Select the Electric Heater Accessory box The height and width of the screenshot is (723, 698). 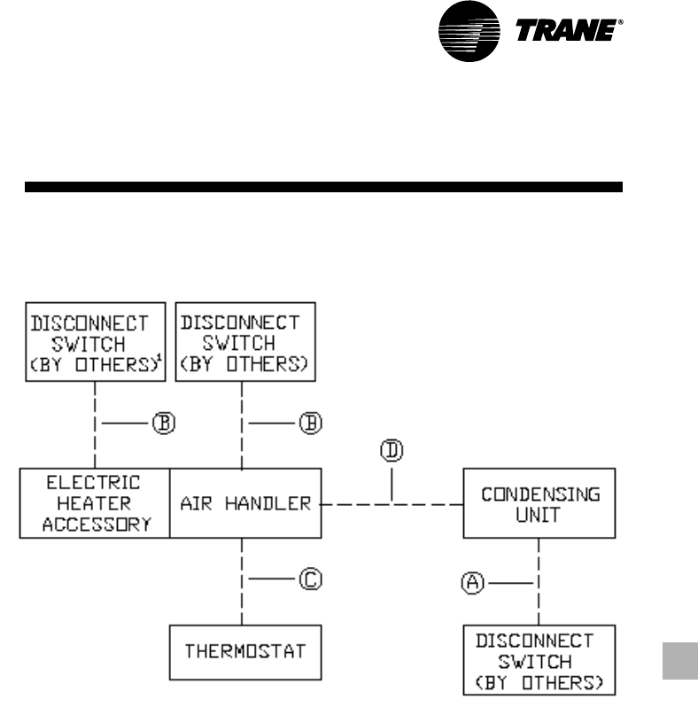(x=94, y=503)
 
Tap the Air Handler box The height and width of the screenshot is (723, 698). (x=245, y=503)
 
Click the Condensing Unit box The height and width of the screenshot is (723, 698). (x=539, y=503)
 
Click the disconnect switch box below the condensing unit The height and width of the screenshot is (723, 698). (x=539, y=660)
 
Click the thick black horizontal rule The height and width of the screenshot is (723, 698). (x=323, y=188)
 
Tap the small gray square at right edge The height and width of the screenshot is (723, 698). (x=679, y=661)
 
